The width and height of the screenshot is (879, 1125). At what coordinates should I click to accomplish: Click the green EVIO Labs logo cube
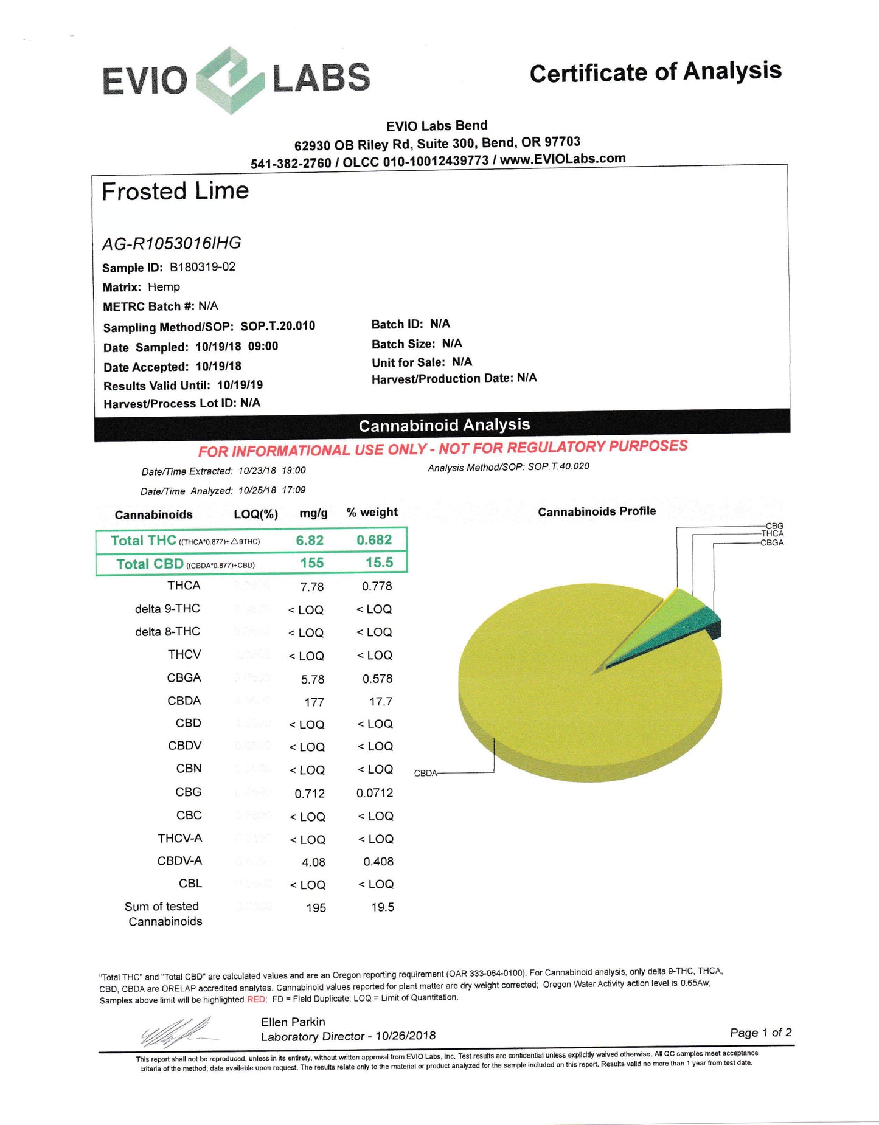coord(231,80)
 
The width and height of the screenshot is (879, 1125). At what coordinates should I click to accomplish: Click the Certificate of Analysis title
coord(655,72)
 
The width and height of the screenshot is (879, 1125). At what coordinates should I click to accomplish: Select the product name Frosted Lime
coord(175,192)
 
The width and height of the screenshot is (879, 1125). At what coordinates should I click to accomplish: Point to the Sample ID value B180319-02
coord(203,267)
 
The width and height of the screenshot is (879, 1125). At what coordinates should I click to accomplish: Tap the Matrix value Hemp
coord(164,287)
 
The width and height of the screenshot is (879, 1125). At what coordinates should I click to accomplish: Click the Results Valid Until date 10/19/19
coord(240,385)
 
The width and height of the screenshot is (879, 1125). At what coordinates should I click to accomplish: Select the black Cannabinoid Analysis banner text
coord(444,425)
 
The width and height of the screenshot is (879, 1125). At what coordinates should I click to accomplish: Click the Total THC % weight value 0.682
coord(374,540)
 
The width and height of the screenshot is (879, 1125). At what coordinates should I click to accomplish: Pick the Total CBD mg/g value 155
coord(311,563)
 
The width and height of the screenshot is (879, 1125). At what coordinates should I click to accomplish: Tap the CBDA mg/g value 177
coord(314,702)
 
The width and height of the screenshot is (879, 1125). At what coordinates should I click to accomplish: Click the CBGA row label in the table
coord(184,678)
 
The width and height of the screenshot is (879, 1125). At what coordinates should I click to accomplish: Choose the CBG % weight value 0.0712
coord(375,793)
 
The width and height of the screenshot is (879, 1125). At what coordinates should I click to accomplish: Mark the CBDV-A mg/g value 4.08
coord(313,862)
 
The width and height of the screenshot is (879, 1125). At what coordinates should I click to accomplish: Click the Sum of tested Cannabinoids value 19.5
coord(383,907)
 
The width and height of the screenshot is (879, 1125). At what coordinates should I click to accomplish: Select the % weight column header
coord(372,513)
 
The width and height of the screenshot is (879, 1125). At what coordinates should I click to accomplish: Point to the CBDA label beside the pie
coord(425,774)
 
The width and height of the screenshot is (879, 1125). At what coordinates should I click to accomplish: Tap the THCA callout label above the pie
coord(772,534)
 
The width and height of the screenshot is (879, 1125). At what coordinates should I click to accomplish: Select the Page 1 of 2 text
coord(760,1033)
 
